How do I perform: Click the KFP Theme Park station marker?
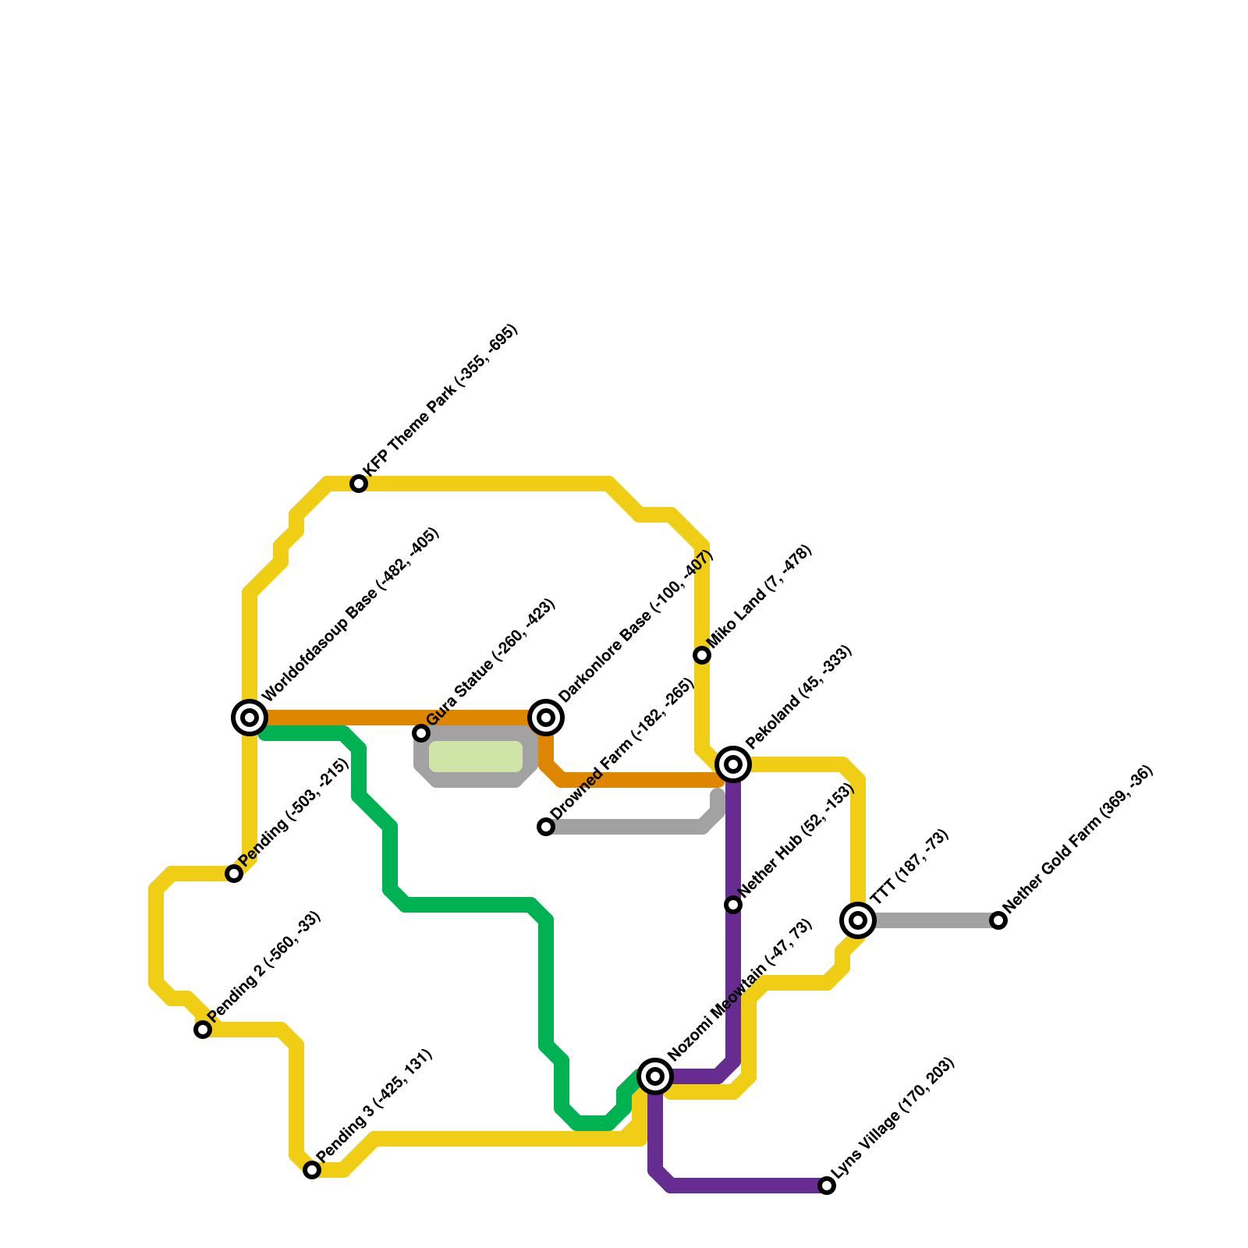(359, 484)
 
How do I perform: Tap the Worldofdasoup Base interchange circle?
(250, 718)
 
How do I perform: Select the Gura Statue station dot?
(421, 733)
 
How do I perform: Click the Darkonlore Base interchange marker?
(546, 718)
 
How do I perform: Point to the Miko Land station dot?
(702, 655)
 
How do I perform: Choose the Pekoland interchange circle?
(733, 764)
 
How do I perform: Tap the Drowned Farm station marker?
(546, 827)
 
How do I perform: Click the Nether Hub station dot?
(733, 905)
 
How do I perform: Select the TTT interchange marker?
(858, 920)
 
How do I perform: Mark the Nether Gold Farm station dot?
(998, 920)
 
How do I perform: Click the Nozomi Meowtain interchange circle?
(655, 1076)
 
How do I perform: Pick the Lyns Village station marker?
(827, 1186)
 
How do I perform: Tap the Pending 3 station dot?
(312, 1170)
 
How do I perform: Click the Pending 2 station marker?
(203, 1030)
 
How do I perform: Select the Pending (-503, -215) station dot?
(234, 874)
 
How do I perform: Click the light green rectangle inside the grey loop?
(476, 757)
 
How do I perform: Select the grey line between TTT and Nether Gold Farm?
(928, 920)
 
